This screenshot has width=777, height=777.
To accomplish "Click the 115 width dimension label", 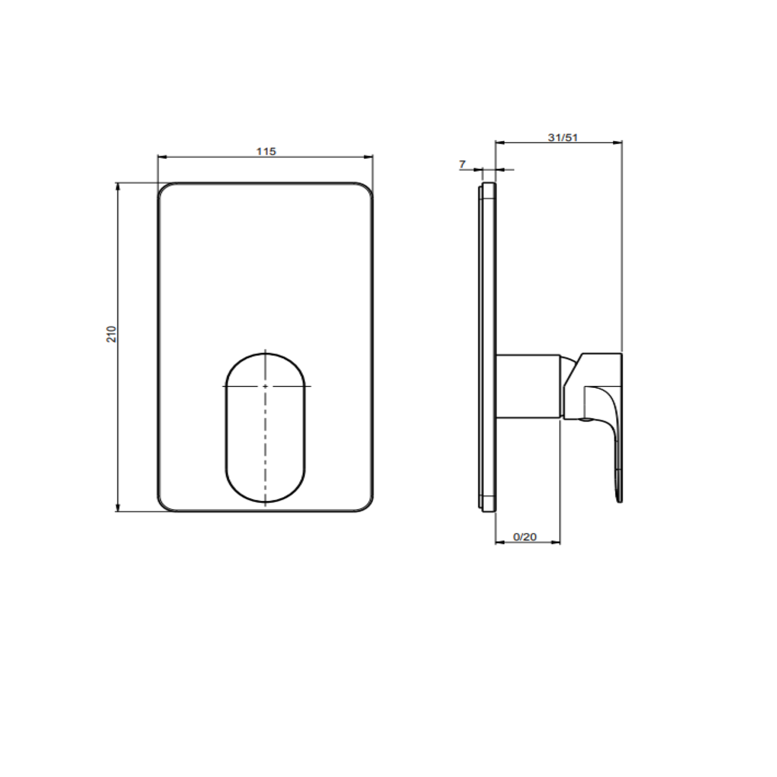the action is click(266, 151).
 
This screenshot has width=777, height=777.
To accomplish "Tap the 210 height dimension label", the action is click(111, 334).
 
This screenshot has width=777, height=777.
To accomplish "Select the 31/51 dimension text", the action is click(563, 137).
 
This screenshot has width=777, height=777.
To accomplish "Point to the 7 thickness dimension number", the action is click(462, 164).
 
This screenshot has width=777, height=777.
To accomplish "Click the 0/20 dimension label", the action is click(525, 536).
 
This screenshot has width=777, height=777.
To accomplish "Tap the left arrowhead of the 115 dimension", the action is click(162, 157).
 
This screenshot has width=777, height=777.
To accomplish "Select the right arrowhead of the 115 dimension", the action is click(369, 157).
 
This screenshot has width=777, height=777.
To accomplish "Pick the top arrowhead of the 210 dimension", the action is click(117, 187).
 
